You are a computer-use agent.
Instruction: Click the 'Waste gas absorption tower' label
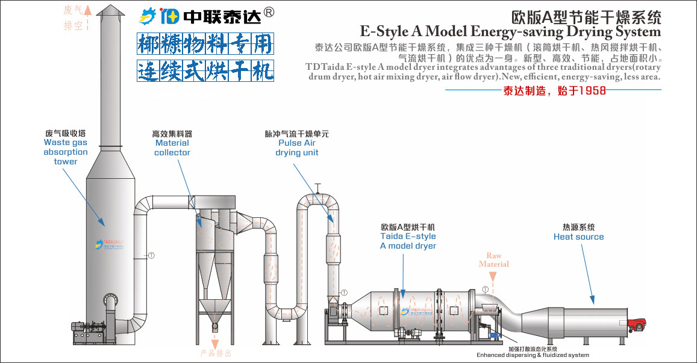coord(65,152)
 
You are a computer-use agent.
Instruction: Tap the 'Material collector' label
coord(172,147)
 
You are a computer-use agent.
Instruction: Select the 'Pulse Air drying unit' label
coord(296,147)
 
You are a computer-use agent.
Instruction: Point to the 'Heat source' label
coord(578,237)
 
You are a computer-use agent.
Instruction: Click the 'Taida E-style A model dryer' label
coord(408,241)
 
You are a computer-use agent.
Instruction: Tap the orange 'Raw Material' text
coord(493,259)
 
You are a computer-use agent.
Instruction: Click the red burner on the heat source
coord(634,326)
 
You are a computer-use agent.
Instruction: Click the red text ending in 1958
coord(554,91)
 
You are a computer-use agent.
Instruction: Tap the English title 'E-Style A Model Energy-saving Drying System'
coord(510,31)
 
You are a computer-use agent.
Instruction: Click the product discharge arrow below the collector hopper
coord(214,341)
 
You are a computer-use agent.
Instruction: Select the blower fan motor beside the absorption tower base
coord(84,330)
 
